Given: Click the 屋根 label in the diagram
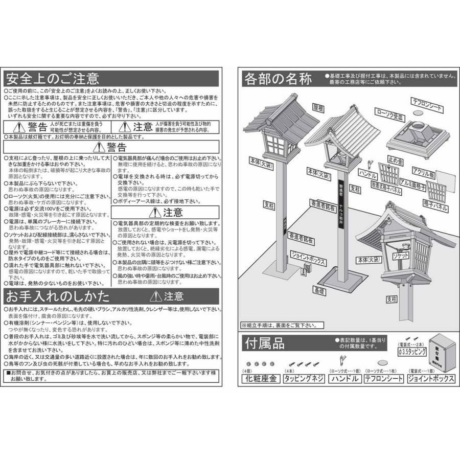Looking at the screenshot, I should point(318,108).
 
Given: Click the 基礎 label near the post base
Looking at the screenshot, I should point(319,290).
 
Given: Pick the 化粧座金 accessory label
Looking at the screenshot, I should point(260,379).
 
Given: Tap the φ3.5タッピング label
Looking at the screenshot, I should point(411,352).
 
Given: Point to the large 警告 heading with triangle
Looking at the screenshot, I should point(112,148).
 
